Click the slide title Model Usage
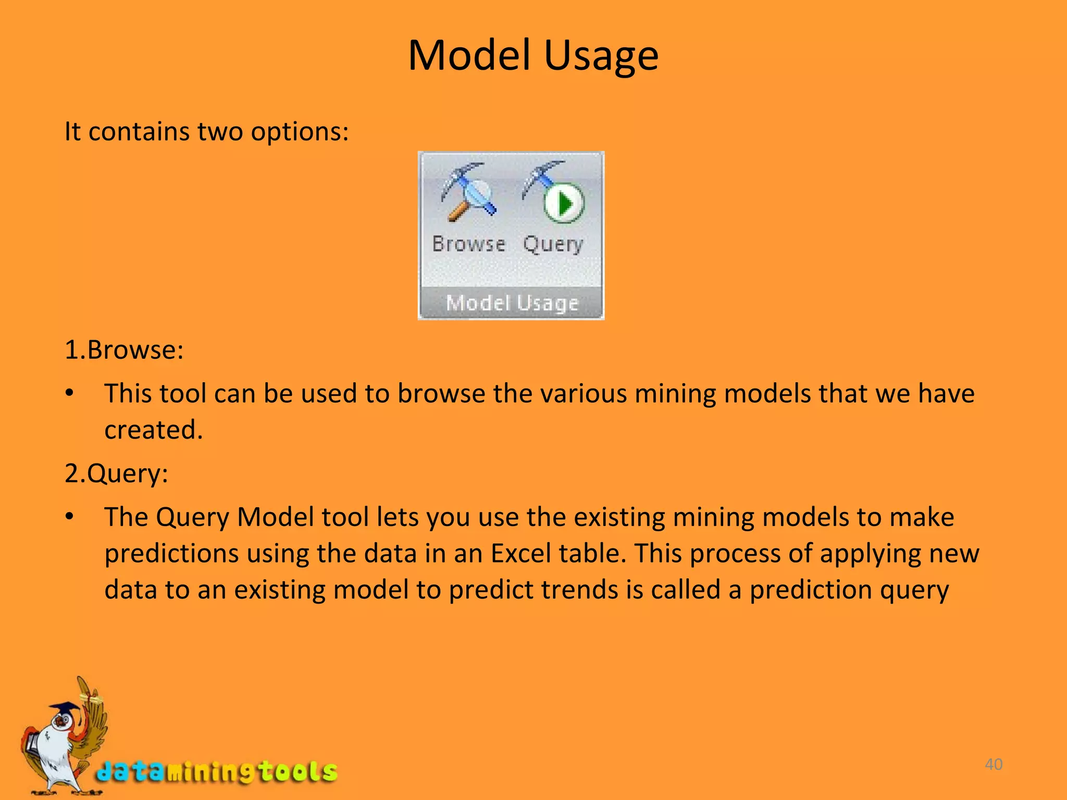click(x=533, y=56)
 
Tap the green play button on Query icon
click(x=564, y=203)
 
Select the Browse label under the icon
click(x=468, y=244)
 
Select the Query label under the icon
click(x=553, y=244)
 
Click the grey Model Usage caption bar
click(x=512, y=303)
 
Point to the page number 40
click(x=994, y=764)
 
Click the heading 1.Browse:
click(x=124, y=349)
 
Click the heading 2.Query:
click(x=116, y=473)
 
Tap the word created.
click(x=153, y=430)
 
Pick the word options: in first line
click(x=300, y=131)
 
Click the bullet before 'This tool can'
click(x=69, y=393)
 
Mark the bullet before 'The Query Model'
click(x=69, y=517)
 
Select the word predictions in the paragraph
click(x=171, y=553)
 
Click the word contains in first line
click(x=139, y=131)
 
